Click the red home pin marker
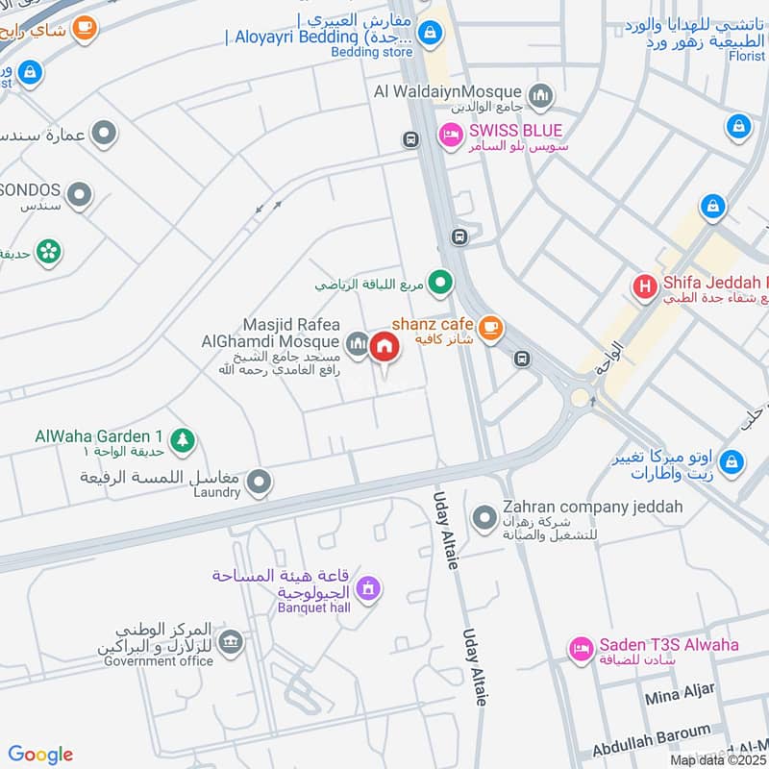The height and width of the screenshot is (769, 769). click(384, 345)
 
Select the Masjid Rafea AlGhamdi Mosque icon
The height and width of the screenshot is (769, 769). click(357, 343)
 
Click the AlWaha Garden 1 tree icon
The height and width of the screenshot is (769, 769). click(183, 440)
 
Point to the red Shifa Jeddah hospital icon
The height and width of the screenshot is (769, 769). click(643, 286)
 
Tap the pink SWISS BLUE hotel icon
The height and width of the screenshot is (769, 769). click(449, 136)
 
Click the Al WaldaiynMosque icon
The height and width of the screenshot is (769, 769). click(542, 94)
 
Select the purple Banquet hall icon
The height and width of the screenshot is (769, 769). click(366, 586)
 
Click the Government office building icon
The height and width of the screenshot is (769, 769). click(230, 641)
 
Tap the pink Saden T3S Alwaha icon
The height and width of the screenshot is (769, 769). click(580, 650)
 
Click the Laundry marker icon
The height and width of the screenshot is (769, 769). click(259, 483)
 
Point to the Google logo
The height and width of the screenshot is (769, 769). click(40, 755)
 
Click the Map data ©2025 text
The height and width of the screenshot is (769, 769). click(717, 759)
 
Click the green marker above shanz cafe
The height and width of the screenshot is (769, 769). click(440, 282)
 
